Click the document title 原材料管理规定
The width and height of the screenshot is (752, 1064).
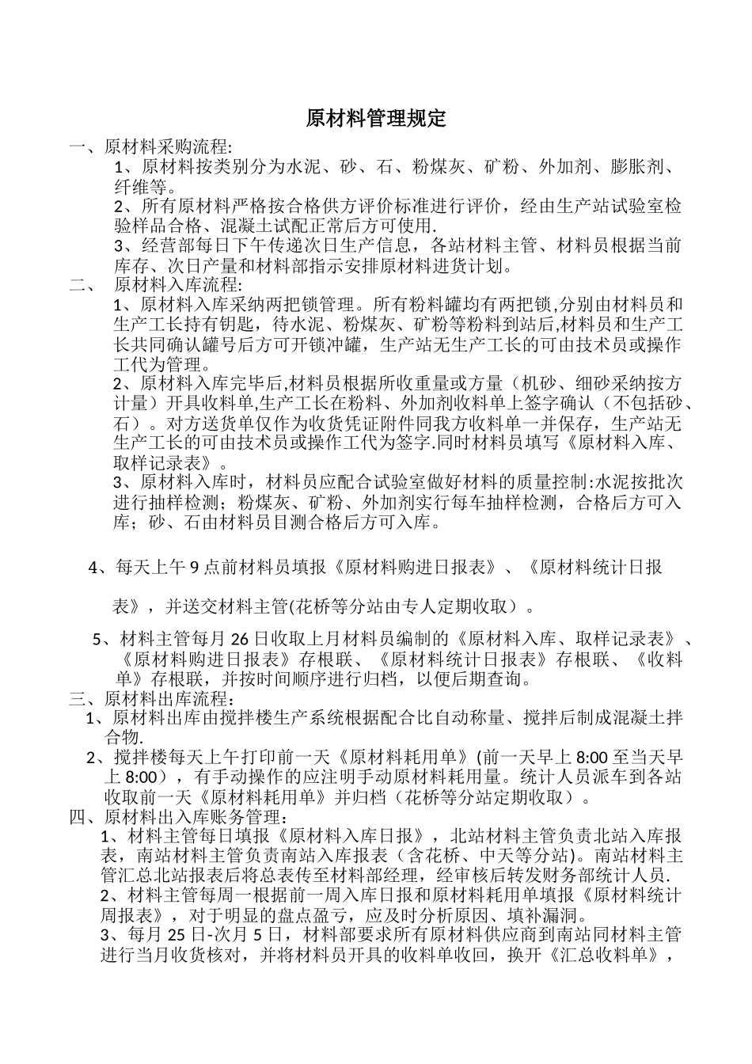(x=376, y=119)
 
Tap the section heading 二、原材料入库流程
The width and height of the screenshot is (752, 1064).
(x=156, y=285)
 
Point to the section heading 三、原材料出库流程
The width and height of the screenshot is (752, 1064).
(x=152, y=698)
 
